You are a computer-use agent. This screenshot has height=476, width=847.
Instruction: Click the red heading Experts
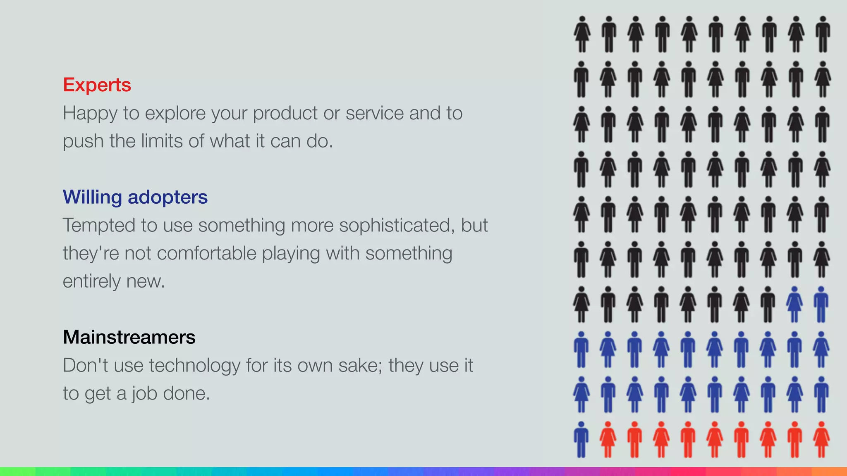[97, 85]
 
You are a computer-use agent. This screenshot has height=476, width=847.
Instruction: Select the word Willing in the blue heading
[92, 197]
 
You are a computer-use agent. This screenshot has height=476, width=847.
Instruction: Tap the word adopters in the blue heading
[167, 197]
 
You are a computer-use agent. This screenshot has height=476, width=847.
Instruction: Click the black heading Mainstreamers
[129, 337]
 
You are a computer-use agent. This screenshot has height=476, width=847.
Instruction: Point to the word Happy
[90, 114]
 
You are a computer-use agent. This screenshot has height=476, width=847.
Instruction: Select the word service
[374, 114]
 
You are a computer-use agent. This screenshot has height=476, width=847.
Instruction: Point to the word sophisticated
[397, 226]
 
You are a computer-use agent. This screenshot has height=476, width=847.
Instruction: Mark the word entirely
[91, 281]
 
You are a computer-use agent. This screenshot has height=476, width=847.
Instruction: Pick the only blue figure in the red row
[581, 440]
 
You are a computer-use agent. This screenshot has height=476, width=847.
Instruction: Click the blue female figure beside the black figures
[794, 305]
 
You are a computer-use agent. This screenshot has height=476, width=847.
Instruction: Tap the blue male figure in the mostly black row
[821, 305]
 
